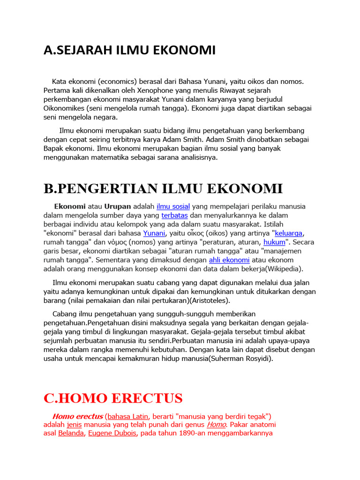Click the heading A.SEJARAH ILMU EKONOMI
click(129, 50)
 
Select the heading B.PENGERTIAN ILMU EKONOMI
click(163, 189)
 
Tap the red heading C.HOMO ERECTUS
click(113, 398)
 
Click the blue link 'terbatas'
click(174, 215)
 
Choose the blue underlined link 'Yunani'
click(154, 233)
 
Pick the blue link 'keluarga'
click(289, 233)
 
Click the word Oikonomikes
click(65, 108)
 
